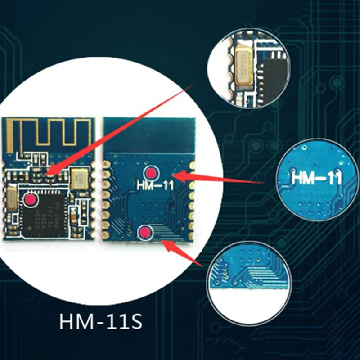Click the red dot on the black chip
(x=31, y=199)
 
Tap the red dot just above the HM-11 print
(x=151, y=172)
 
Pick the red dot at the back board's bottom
(x=145, y=232)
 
